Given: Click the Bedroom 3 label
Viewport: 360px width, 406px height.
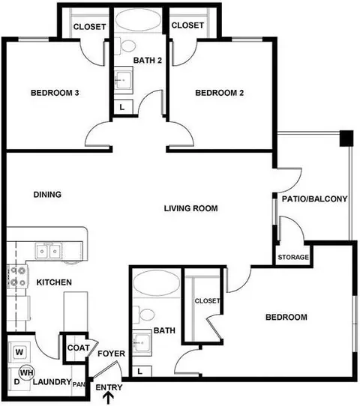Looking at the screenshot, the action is tap(55, 93).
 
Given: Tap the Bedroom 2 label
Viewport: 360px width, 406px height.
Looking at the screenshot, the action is tap(219, 93).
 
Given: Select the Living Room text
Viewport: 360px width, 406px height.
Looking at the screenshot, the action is tap(190, 208).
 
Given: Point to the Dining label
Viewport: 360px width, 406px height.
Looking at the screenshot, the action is tap(47, 195).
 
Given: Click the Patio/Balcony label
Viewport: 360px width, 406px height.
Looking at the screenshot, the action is tap(315, 199).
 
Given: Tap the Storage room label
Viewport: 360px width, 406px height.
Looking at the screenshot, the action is tap(293, 257).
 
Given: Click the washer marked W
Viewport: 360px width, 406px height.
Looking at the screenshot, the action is tap(19, 352).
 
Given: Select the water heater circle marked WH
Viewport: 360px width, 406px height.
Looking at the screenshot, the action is tap(26, 373).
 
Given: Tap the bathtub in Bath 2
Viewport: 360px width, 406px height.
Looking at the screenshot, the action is tap(137, 20).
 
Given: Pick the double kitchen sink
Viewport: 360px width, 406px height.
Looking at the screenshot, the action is tap(49, 251).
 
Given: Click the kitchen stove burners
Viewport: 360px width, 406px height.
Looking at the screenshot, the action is tap(16, 276).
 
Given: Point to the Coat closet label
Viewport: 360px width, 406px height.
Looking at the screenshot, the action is tap(78, 348).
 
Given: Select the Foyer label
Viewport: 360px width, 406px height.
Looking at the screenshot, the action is tap(111, 354).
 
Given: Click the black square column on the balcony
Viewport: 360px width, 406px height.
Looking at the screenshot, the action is tap(346, 138).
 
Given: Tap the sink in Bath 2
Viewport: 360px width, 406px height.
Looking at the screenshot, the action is tap(123, 80).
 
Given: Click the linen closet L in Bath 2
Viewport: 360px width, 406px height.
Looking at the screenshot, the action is tap(123, 107).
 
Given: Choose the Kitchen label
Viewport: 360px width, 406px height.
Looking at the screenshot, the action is tap(54, 282).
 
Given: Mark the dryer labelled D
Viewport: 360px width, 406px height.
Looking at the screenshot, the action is tap(16, 382).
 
